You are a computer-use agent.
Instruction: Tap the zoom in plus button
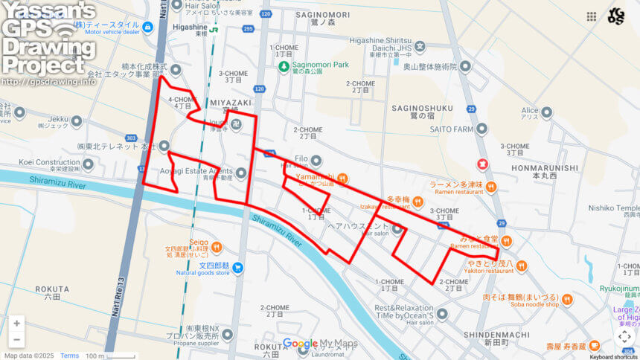tap(16, 324)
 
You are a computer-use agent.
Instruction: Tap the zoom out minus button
tap(16, 340)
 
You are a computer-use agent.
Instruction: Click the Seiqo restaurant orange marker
tap(217, 246)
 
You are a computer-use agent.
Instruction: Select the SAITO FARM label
tap(451, 129)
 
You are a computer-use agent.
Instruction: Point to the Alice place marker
tap(547, 112)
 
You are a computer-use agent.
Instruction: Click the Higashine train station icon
tap(213, 30)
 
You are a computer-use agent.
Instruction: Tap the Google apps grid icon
tap(592, 16)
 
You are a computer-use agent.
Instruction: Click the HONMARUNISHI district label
tap(545, 168)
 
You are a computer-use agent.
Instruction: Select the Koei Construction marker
tap(88, 163)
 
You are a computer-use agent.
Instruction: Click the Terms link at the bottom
tap(69, 356)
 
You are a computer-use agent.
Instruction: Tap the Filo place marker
tap(316, 160)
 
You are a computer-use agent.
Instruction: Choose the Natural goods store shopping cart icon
tap(237, 268)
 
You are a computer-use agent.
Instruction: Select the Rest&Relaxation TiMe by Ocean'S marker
tap(442, 314)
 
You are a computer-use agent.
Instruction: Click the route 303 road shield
tap(132, 138)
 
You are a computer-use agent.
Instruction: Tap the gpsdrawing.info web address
tap(48, 81)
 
